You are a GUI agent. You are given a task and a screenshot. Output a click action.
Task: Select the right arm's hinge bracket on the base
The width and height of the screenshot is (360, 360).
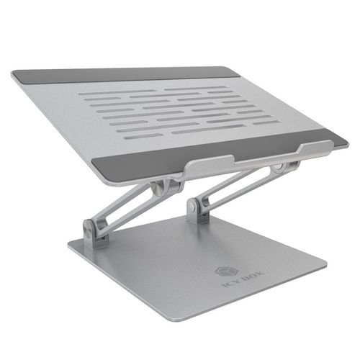click(195, 209)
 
